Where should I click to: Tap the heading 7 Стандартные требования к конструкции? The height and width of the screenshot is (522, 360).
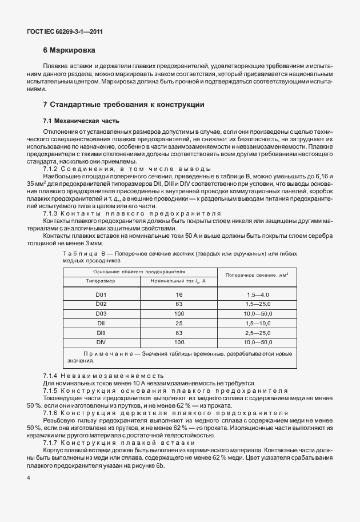[x=123, y=104]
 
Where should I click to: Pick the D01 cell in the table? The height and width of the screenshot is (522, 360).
[x=101, y=294]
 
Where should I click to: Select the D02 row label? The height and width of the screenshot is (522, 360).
[x=101, y=304]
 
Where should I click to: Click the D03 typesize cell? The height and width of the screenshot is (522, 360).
[x=101, y=313]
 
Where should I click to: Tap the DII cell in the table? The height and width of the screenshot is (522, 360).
[x=101, y=323]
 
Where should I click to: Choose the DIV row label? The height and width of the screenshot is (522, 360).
[x=101, y=341]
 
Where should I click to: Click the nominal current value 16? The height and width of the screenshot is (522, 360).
[x=178, y=294]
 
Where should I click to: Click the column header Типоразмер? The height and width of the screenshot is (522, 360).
[x=101, y=281]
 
